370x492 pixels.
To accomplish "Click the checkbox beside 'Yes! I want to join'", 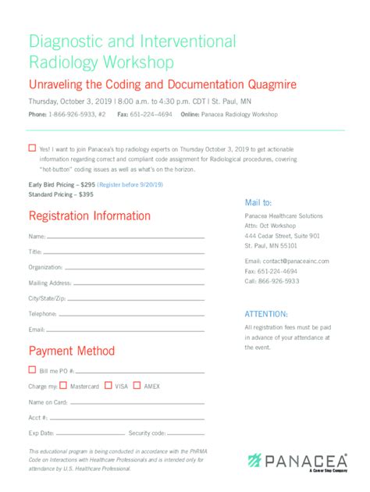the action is point(32,148).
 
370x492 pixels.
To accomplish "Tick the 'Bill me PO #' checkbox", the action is point(32,370).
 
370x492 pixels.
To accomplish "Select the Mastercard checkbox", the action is point(64,385).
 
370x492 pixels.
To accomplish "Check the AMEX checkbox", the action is point(137,385).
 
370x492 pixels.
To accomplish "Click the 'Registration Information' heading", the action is point(90,216).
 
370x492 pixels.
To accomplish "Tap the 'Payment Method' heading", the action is point(72,351).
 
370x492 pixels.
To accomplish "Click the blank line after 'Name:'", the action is point(125,237).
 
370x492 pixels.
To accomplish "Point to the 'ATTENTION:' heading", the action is point(266,313).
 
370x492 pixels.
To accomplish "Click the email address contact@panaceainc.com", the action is point(286,261).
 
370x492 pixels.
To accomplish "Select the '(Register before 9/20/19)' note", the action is point(130,184).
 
